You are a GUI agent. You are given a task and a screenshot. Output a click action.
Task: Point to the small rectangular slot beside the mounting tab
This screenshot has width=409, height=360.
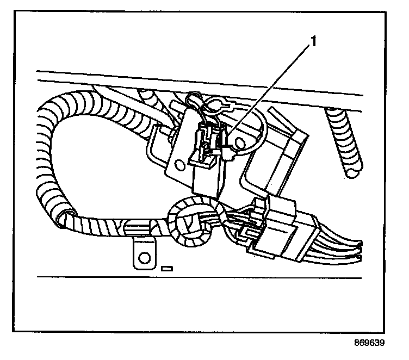click(167, 268)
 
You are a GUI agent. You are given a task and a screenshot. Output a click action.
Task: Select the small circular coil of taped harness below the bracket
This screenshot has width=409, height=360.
click(190, 223)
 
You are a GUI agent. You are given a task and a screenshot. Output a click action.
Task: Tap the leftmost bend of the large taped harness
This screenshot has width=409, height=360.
click(41, 131)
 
